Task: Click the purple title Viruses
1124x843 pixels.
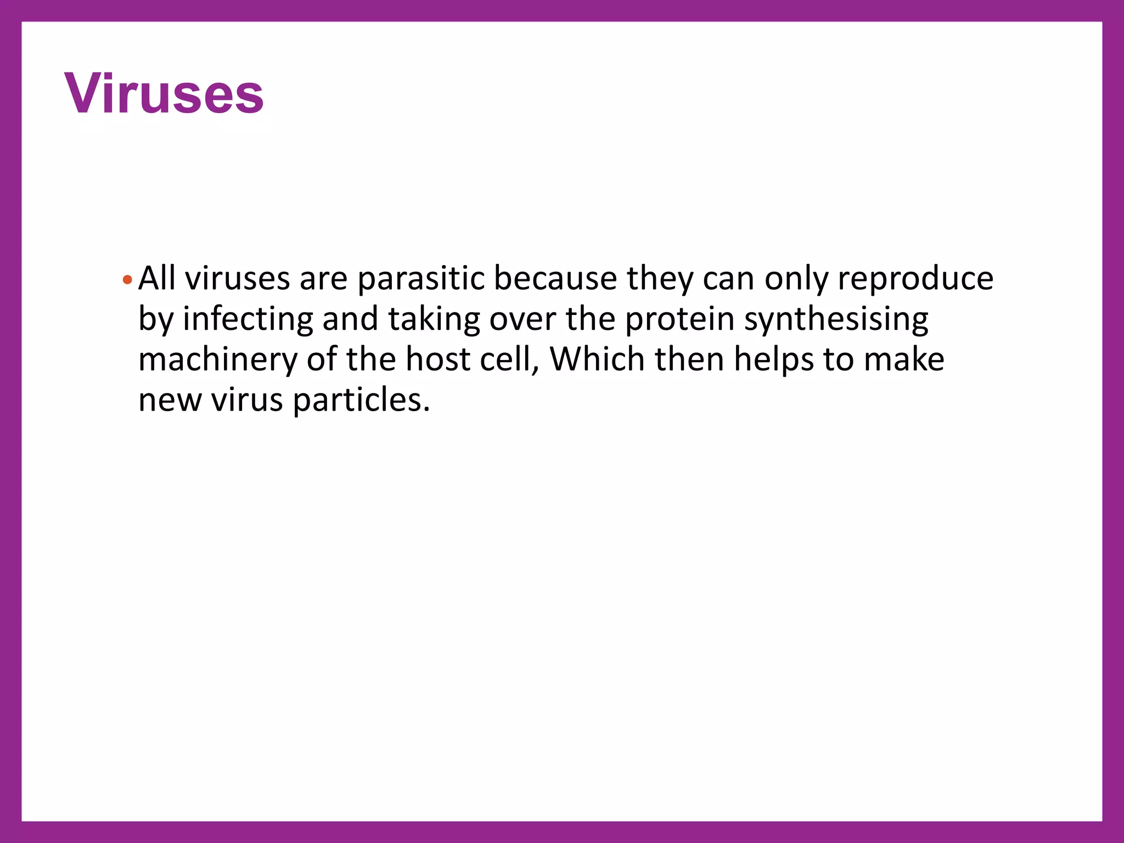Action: (x=164, y=94)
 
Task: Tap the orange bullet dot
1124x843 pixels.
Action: (x=127, y=280)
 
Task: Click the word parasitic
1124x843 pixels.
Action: (x=421, y=279)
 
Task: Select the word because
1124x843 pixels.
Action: (x=555, y=278)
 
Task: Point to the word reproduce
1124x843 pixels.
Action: (x=915, y=279)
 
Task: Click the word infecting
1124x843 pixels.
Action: (x=248, y=319)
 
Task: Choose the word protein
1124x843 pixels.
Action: (x=679, y=319)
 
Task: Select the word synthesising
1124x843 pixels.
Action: (x=836, y=319)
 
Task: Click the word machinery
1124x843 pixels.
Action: (x=217, y=360)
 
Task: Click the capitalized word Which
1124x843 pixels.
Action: (x=597, y=359)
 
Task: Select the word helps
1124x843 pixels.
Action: (x=774, y=360)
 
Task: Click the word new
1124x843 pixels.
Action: (x=170, y=400)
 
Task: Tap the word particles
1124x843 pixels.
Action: (x=361, y=400)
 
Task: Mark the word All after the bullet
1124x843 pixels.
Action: (x=157, y=278)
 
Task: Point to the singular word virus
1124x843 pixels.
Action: (x=247, y=400)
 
